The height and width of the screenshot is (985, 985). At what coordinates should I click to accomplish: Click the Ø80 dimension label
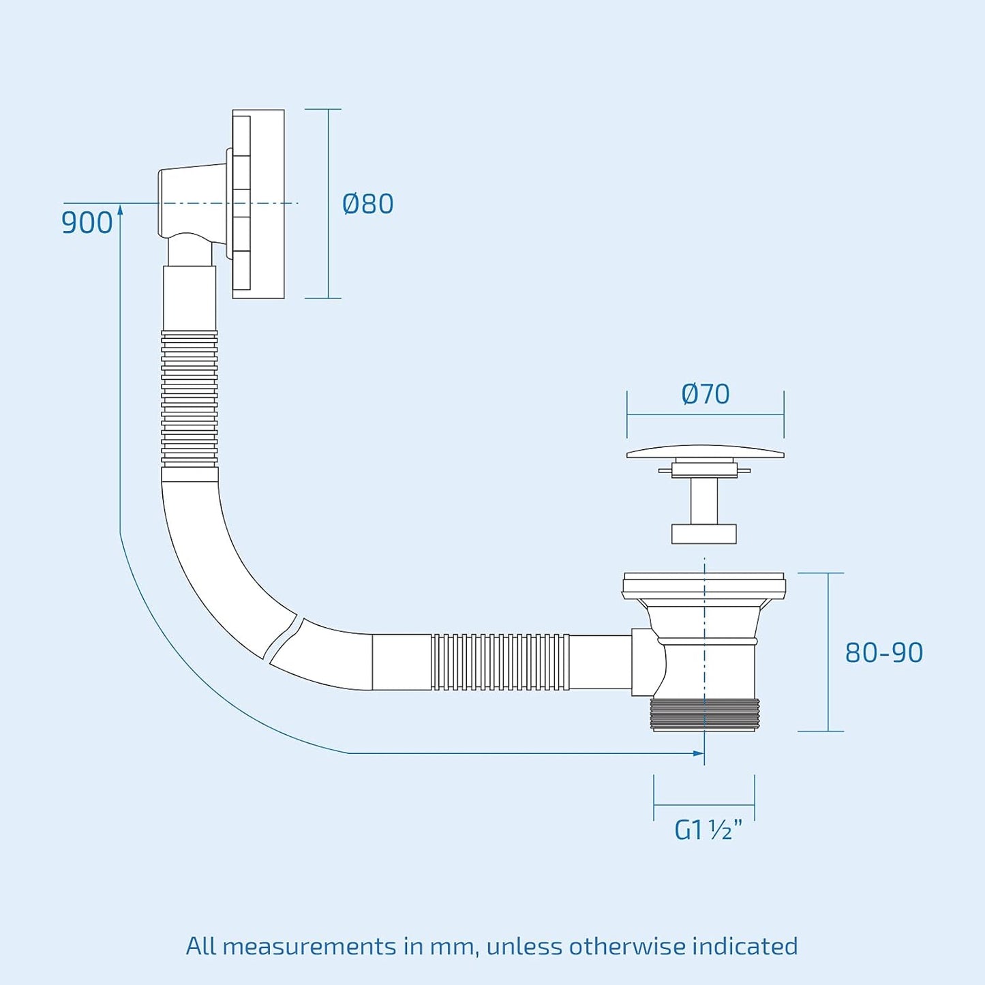[368, 204]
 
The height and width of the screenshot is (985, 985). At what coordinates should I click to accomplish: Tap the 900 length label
[87, 224]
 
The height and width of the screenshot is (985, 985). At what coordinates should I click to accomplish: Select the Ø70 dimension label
[706, 394]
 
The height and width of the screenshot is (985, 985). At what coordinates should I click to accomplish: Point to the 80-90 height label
[884, 653]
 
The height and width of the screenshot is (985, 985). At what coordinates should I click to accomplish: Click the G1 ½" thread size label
[708, 830]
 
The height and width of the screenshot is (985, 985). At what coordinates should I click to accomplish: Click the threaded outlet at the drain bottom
[705, 714]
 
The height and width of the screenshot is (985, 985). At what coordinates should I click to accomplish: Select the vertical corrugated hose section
[189, 398]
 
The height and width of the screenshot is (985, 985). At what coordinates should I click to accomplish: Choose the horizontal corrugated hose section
[500, 662]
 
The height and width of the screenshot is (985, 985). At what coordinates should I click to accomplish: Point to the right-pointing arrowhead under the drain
[697, 753]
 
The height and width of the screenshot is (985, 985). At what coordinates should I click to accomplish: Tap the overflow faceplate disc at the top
[258, 204]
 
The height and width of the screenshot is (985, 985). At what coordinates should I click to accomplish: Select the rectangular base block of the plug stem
[704, 534]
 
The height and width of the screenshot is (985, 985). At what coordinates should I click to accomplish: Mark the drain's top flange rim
[704, 586]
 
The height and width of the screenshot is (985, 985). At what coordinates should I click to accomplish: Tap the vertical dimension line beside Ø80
[328, 203]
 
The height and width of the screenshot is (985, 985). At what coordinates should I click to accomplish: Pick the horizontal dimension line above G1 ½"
[704, 805]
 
